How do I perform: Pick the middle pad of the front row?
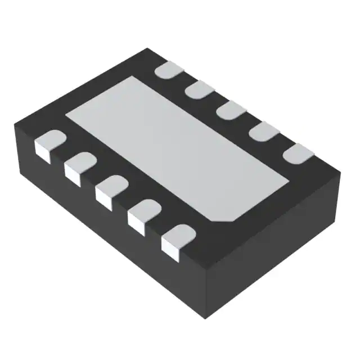pos(111,188)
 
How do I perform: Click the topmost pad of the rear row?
pos(169,70)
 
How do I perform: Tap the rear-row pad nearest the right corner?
pos(298,152)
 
